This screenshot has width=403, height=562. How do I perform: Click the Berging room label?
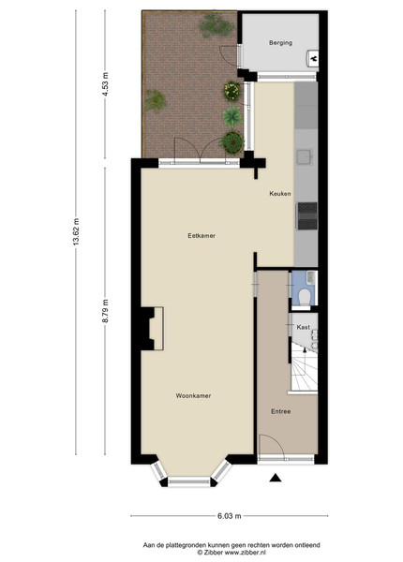click(x=280, y=43)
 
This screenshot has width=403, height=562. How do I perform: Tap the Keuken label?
click(x=280, y=194)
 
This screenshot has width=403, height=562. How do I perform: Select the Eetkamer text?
click(x=201, y=235)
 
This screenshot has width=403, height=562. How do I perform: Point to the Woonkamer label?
click(x=193, y=395)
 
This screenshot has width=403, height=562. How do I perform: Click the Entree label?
click(x=281, y=411)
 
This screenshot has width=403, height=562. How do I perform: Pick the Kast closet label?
click(x=304, y=327)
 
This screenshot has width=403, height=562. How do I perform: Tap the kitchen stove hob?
click(x=307, y=215)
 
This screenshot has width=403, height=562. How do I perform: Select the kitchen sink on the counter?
click(x=305, y=157)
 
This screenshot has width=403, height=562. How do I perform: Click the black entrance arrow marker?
click(x=275, y=478)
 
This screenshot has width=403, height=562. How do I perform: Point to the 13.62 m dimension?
click(x=76, y=232)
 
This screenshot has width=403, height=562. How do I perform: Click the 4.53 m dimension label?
click(x=105, y=84)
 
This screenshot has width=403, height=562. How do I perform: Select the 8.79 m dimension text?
click(x=105, y=311)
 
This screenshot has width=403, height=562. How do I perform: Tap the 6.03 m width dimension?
click(x=229, y=516)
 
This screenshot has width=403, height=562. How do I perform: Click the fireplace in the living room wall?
click(x=152, y=329)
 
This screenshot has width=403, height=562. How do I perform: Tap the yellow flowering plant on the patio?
click(x=232, y=92)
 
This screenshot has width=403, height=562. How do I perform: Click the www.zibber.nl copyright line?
click(x=231, y=553)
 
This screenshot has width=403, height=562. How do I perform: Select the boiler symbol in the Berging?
click(x=313, y=58)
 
